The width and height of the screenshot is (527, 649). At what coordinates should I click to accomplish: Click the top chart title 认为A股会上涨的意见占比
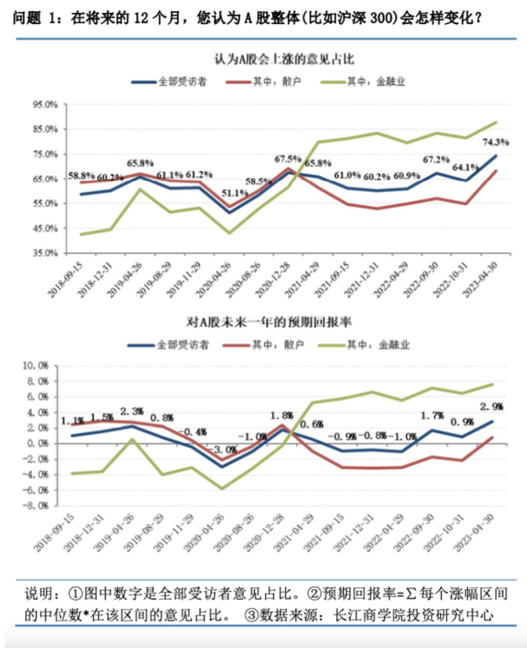pos(284,60)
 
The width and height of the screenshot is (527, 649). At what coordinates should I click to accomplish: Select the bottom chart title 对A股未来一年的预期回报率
pos(268,322)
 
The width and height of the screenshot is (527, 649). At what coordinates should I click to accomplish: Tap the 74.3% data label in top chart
pos(495,142)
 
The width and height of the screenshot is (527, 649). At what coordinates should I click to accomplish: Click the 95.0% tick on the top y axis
pos(45,104)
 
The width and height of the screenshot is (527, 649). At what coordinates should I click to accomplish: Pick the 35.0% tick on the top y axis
pos(45,253)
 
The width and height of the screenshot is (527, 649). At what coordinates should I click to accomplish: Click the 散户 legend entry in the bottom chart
pos(277,345)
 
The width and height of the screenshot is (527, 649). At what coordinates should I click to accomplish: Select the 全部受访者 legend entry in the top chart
pos(182,81)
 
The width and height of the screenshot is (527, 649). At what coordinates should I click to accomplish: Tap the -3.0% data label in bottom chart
pos(225,449)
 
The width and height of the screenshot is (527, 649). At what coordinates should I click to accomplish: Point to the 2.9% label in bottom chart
pos(491,406)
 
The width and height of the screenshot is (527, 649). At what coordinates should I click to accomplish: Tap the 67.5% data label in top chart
pos(287,159)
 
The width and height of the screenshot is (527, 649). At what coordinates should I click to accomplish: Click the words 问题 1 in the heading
pos(34,19)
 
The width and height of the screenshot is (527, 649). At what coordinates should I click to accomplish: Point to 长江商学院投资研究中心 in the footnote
pos(413,615)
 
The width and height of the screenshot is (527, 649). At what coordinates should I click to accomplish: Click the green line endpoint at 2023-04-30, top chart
pos(496,122)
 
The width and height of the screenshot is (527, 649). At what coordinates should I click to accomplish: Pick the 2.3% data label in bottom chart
pos(132,412)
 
